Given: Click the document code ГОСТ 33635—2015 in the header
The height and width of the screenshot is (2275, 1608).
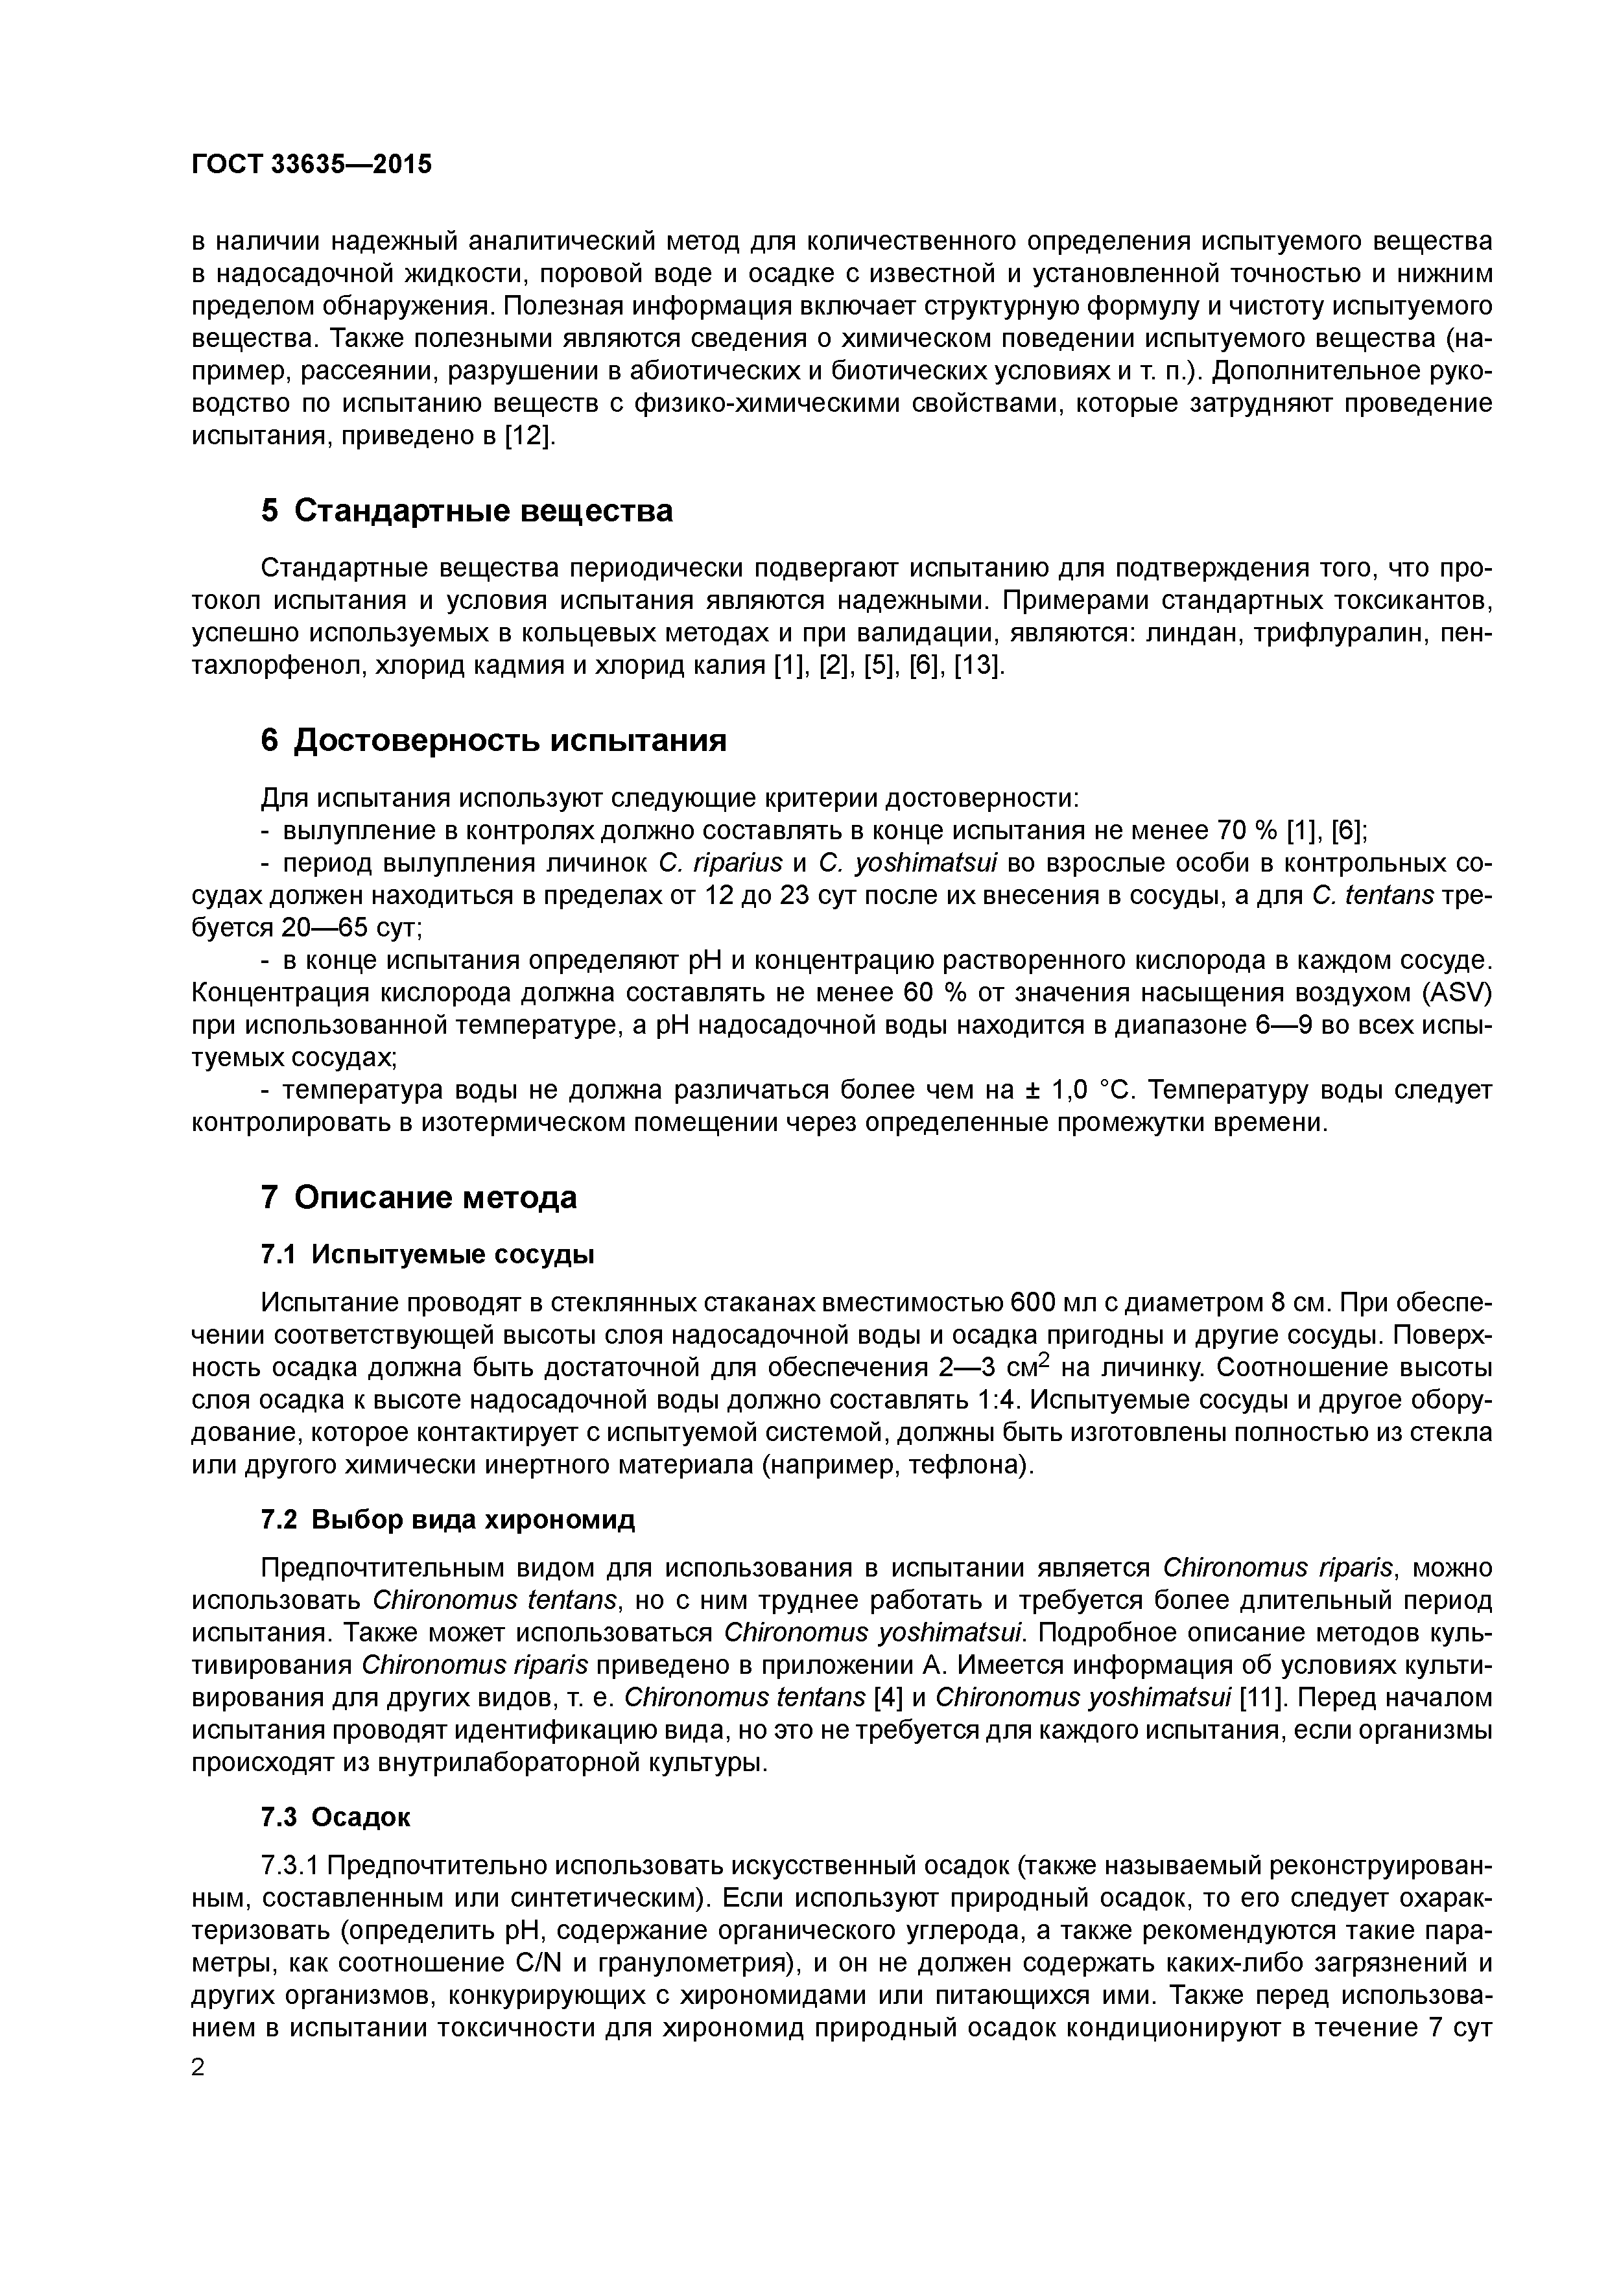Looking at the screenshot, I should (311, 165).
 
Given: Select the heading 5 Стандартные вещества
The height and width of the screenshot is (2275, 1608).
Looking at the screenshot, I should (467, 511).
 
